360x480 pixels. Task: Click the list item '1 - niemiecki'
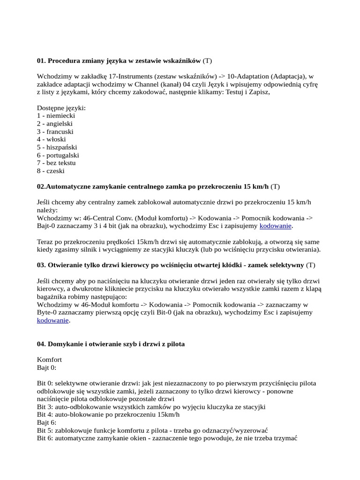[56, 115]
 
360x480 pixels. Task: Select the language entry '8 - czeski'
[51, 171]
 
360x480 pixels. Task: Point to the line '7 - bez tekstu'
[56, 163]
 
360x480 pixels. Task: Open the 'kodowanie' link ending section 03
[53, 321]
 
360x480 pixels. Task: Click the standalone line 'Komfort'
[49, 360]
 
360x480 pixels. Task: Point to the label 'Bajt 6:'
[47, 422]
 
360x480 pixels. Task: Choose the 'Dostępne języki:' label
[61, 107]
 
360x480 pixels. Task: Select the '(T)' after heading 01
[208, 61]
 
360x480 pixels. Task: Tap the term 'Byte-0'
[48, 313]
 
